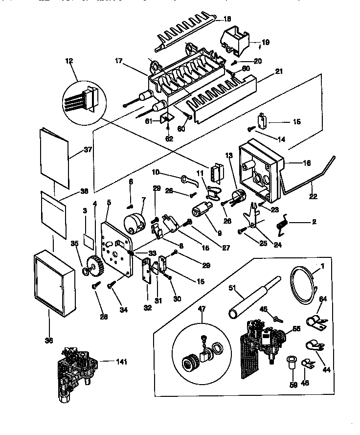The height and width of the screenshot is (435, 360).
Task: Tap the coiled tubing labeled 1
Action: (x=302, y=284)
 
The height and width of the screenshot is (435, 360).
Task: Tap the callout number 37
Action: (x=88, y=150)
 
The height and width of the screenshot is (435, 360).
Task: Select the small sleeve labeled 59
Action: (x=292, y=364)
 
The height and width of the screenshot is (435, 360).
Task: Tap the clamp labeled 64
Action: (x=311, y=321)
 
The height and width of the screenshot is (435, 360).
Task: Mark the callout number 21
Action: (x=279, y=71)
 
